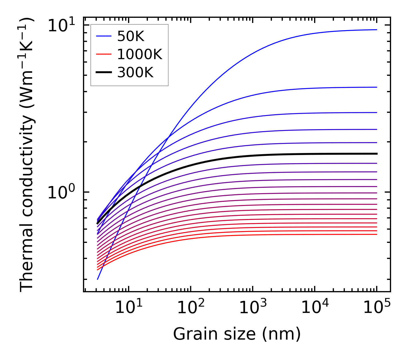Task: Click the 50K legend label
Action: click(x=131, y=36)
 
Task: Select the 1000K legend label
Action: click(x=140, y=54)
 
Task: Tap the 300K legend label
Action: click(x=135, y=73)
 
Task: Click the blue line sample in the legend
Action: click(x=104, y=36)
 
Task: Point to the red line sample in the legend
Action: click(x=104, y=54)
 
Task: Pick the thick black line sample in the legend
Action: click(x=104, y=73)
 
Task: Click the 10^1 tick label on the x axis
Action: click(x=128, y=308)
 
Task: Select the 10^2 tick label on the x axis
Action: click(x=190, y=308)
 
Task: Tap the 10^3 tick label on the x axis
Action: click(x=252, y=308)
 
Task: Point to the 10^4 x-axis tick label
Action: click(x=315, y=308)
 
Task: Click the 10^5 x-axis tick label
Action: click(x=377, y=308)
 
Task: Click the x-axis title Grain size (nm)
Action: click(x=237, y=334)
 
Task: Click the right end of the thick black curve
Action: click(x=376, y=154)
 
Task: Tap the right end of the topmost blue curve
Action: click(x=376, y=30)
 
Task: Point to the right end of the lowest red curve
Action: click(x=376, y=235)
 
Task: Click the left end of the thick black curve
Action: click(x=98, y=223)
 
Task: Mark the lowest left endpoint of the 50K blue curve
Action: click(x=98, y=279)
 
